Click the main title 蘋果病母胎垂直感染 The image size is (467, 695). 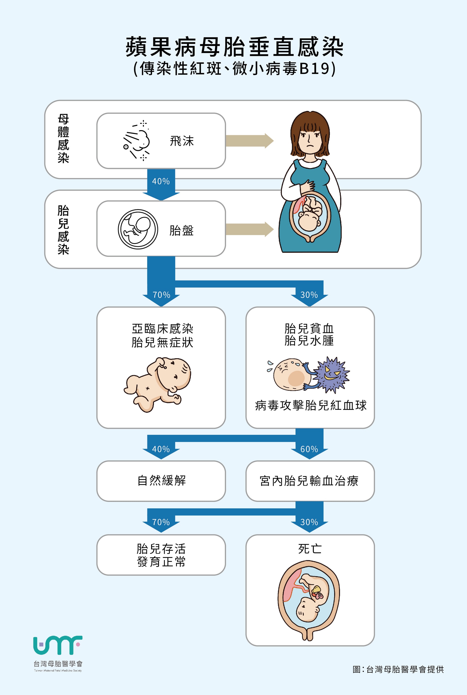pyautogui.click(x=234, y=47)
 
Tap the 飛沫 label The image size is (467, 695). pyautogui.click(x=182, y=141)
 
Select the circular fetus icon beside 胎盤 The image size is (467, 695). pyautogui.click(x=138, y=229)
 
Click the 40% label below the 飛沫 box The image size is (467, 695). pyautogui.click(x=161, y=181)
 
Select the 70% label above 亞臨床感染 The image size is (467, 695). pyautogui.click(x=161, y=295)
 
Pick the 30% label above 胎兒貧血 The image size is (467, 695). pyautogui.click(x=309, y=295)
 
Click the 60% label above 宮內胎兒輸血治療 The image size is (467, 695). pyautogui.click(x=309, y=449)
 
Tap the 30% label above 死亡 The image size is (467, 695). pyautogui.click(x=309, y=522)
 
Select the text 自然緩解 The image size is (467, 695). pyautogui.click(x=162, y=480)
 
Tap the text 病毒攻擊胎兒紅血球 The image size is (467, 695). pyautogui.click(x=310, y=406)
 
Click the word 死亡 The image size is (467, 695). pyautogui.click(x=310, y=549)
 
